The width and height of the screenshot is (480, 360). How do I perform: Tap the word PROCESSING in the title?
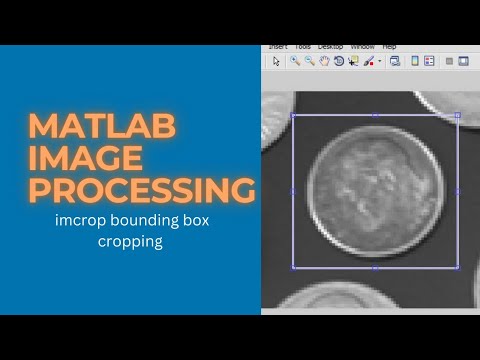coord(139,189)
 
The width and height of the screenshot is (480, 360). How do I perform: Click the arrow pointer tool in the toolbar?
coord(277,61)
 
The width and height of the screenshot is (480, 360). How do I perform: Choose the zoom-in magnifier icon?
coord(295,61)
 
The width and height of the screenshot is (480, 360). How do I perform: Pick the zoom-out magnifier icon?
coord(309,61)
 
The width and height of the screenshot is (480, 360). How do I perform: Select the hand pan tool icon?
coord(324,61)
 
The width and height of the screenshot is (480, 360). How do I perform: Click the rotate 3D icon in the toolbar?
coord(338,61)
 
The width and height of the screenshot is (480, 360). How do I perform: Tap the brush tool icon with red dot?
coord(368,61)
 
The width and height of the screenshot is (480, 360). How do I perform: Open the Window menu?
coord(362,47)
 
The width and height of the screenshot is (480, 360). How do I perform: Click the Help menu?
coord(390,47)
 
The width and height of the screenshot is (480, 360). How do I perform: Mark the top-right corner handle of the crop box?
coord(457,116)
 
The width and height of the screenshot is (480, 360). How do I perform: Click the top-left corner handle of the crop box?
coord(292,116)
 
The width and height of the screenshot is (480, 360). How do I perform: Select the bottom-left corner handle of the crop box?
coord(292,267)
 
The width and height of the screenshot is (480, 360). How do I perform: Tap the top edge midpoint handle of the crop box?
coord(375,116)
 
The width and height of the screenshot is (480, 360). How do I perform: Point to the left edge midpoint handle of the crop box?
coord(292,191)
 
